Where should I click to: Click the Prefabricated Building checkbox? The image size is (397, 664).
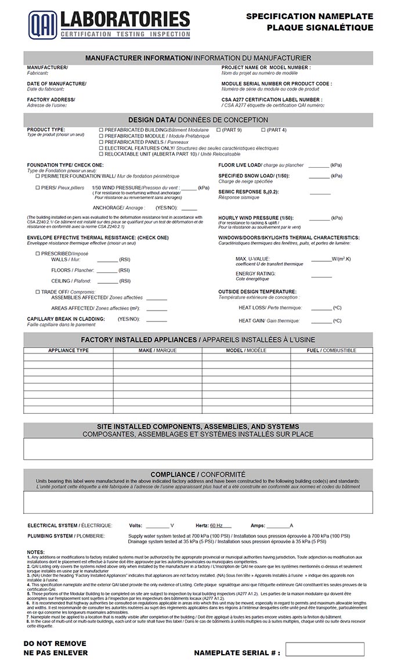point(101,130)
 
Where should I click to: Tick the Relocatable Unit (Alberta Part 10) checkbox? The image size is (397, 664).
point(101,154)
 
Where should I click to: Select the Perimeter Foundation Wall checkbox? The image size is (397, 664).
point(38,176)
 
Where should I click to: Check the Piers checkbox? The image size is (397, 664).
point(38,188)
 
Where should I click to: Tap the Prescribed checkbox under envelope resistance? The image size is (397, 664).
point(38,254)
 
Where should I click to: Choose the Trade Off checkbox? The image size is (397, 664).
point(38,292)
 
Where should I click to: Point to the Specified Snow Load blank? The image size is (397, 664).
point(319,176)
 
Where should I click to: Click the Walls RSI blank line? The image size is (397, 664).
point(107,260)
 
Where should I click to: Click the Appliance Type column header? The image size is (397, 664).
point(68,351)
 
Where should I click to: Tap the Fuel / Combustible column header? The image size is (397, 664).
point(331,351)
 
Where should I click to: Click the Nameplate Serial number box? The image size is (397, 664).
point(324,649)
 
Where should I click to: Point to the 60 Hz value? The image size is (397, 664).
point(216,525)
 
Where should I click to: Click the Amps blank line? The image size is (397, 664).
point(278,525)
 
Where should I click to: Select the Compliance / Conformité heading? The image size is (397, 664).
point(198,474)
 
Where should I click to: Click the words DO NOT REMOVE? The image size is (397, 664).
point(55,643)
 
